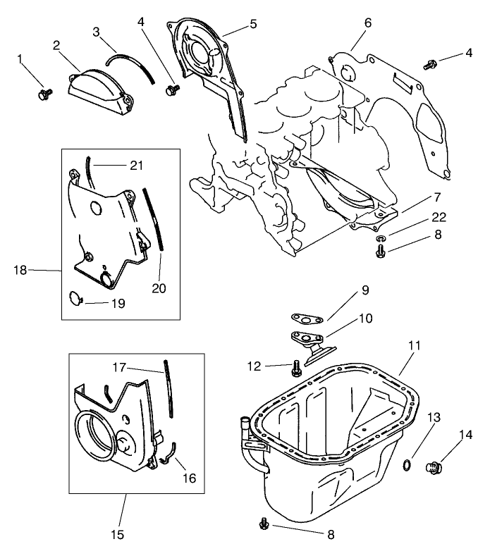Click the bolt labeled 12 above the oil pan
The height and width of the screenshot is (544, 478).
point(297,366)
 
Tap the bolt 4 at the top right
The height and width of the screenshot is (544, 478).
point(429,65)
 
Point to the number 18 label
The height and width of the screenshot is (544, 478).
point(20,269)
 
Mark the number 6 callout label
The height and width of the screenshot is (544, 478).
point(367,23)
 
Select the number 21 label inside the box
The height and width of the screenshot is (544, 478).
point(136,165)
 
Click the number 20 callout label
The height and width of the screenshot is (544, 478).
point(159,289)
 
